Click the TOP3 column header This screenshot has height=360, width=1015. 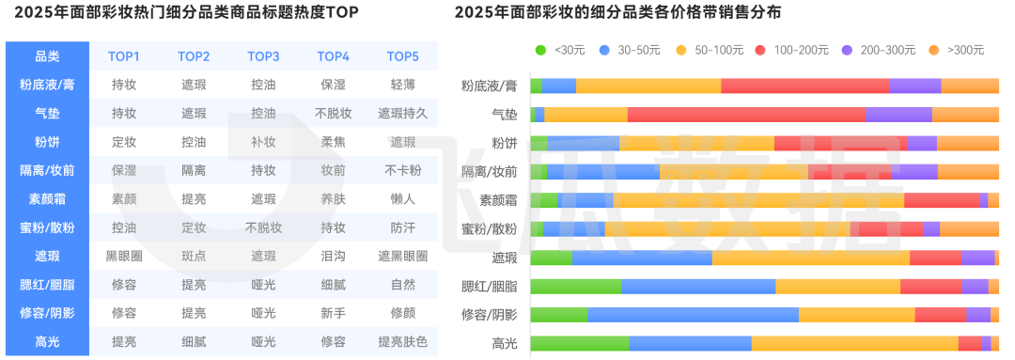click(x=263, y=56)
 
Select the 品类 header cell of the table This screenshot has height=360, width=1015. click(x=47, y=56)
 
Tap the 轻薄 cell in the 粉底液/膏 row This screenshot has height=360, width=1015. click(x=402, y=85)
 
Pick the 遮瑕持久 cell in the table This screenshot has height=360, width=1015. click(x=402, y=114)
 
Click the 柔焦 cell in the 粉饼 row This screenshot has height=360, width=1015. click(x=333, y=142)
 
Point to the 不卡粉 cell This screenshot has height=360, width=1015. click(x=402, y=171)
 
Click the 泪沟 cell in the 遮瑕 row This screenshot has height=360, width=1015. click(x=333, y=256)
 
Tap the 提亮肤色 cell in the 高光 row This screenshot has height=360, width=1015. click(x=402, y=341)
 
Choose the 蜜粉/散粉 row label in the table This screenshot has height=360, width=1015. click(x=47, y=227)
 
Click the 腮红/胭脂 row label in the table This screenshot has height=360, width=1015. click(x=47, y=284)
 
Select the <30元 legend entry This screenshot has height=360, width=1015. click(x=562, y=50)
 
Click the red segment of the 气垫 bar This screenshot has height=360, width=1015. click(x=746, y=115)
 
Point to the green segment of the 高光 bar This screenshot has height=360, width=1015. click(x=579, y=343)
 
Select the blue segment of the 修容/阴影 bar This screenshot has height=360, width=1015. click(x=693, y=315)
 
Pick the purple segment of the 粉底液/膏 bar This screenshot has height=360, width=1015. click(x=914, y=86)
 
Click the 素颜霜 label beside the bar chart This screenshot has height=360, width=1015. click(x=498, y=200)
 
